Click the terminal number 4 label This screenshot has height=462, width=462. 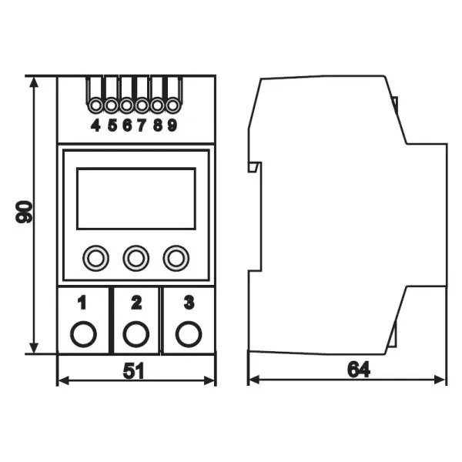pyautogui.click(x=95, y=126)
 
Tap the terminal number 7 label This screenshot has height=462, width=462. pyautogui.click(x=142, y=126)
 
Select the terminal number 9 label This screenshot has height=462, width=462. pyautogui.click(x=172, y=126)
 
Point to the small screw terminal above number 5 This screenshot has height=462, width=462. pyautogui.click(x=111, y=105)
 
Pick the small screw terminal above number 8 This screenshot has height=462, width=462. pyautogui.click(x=158, y=105)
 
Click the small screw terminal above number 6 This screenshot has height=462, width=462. pyautogui.click(x=127, y=105)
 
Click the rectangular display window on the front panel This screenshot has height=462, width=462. pyautogui.click(x=136, y=199)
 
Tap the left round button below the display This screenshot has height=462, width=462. pyautogui.click(x=95, y=259)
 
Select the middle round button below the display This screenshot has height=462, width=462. pyautogui.click(x=136, y=259)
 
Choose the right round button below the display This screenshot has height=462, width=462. pyautogui.click(x=176, y=259)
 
